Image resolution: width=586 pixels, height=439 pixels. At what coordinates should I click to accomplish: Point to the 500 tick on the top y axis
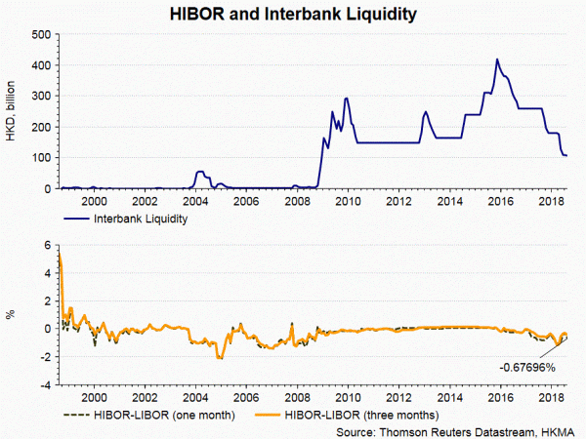41,34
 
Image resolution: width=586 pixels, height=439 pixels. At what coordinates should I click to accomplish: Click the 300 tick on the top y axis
41,96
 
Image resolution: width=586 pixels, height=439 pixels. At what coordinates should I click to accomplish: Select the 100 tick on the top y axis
41,158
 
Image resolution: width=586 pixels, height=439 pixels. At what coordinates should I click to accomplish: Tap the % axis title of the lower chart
14,315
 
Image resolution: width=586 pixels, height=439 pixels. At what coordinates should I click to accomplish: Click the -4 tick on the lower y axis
44,384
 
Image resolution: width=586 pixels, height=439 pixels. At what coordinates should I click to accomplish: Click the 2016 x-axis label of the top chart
500,202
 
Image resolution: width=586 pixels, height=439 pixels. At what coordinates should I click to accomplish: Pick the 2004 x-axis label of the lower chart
195,398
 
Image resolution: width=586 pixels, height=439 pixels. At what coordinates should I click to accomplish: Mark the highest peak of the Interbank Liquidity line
498,60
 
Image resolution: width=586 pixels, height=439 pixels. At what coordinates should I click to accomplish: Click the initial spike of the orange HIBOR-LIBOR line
61,256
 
